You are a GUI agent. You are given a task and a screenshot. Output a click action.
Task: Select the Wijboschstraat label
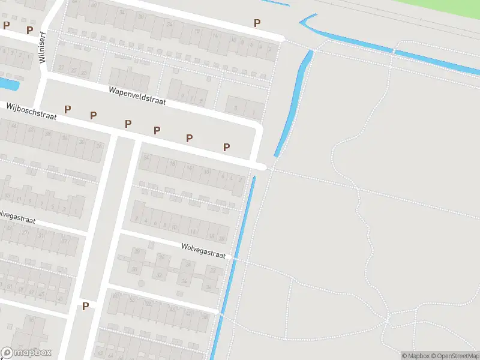[x=32, y=111]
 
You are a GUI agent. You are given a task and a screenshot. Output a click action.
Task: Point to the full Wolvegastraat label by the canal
[x=203, y=251]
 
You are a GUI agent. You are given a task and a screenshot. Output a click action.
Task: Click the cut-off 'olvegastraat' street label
[x=17, y=217]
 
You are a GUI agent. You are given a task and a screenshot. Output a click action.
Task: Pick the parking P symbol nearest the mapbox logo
[x=85, y=306]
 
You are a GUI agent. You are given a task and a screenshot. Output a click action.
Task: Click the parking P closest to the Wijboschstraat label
[x=68, y=109]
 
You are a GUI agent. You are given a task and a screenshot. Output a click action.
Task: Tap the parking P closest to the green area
[x=257, y=23]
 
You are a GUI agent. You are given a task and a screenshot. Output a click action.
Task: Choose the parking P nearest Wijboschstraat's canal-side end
[x=227, y=147]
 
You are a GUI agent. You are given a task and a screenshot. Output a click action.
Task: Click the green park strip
[x=420, y=9]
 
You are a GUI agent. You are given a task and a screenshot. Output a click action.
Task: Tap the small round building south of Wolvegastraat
[x=142, y=283]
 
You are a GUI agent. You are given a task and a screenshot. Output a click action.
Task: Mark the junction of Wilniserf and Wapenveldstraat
[x=44, y=76]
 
